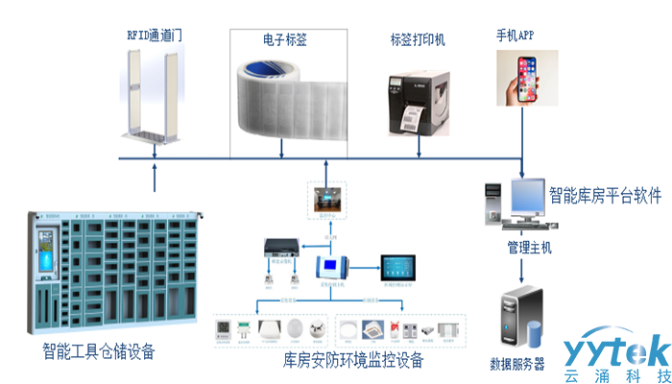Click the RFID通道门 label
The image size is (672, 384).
[x=155, y=35]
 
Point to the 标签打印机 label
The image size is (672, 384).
[x=417, y=40]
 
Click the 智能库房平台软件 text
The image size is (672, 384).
[x=605, y=196]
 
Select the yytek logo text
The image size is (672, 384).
[x=614, y=350]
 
